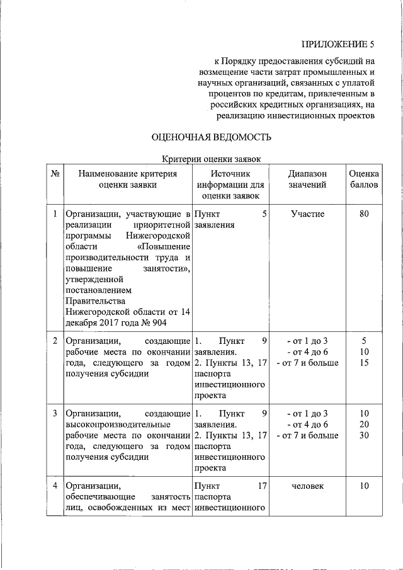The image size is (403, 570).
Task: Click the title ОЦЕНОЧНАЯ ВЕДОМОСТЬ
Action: (x=211, y=137)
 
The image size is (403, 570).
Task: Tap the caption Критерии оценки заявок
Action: (x=210, y=160)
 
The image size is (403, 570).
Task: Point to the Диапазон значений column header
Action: (x=307, y=179)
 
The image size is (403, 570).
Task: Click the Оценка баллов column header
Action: (x=363, y=179)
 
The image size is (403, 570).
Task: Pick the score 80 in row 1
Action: (x=363, y=214)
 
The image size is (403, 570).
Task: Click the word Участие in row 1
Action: (x=307, y=214)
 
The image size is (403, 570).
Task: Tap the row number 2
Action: (x=54, y=341)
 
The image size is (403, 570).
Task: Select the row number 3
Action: (x=54, y=413)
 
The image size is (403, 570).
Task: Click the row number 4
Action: (x=54, y=486)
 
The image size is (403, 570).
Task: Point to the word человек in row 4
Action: (x=307, y=486)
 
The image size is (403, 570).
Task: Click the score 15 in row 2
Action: (x=363, y=362)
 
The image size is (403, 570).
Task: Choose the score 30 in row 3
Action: (x=363, y=435)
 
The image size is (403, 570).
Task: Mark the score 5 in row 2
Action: (x=363, y=341)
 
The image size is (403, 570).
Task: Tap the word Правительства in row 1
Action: (x=93, y=301)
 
